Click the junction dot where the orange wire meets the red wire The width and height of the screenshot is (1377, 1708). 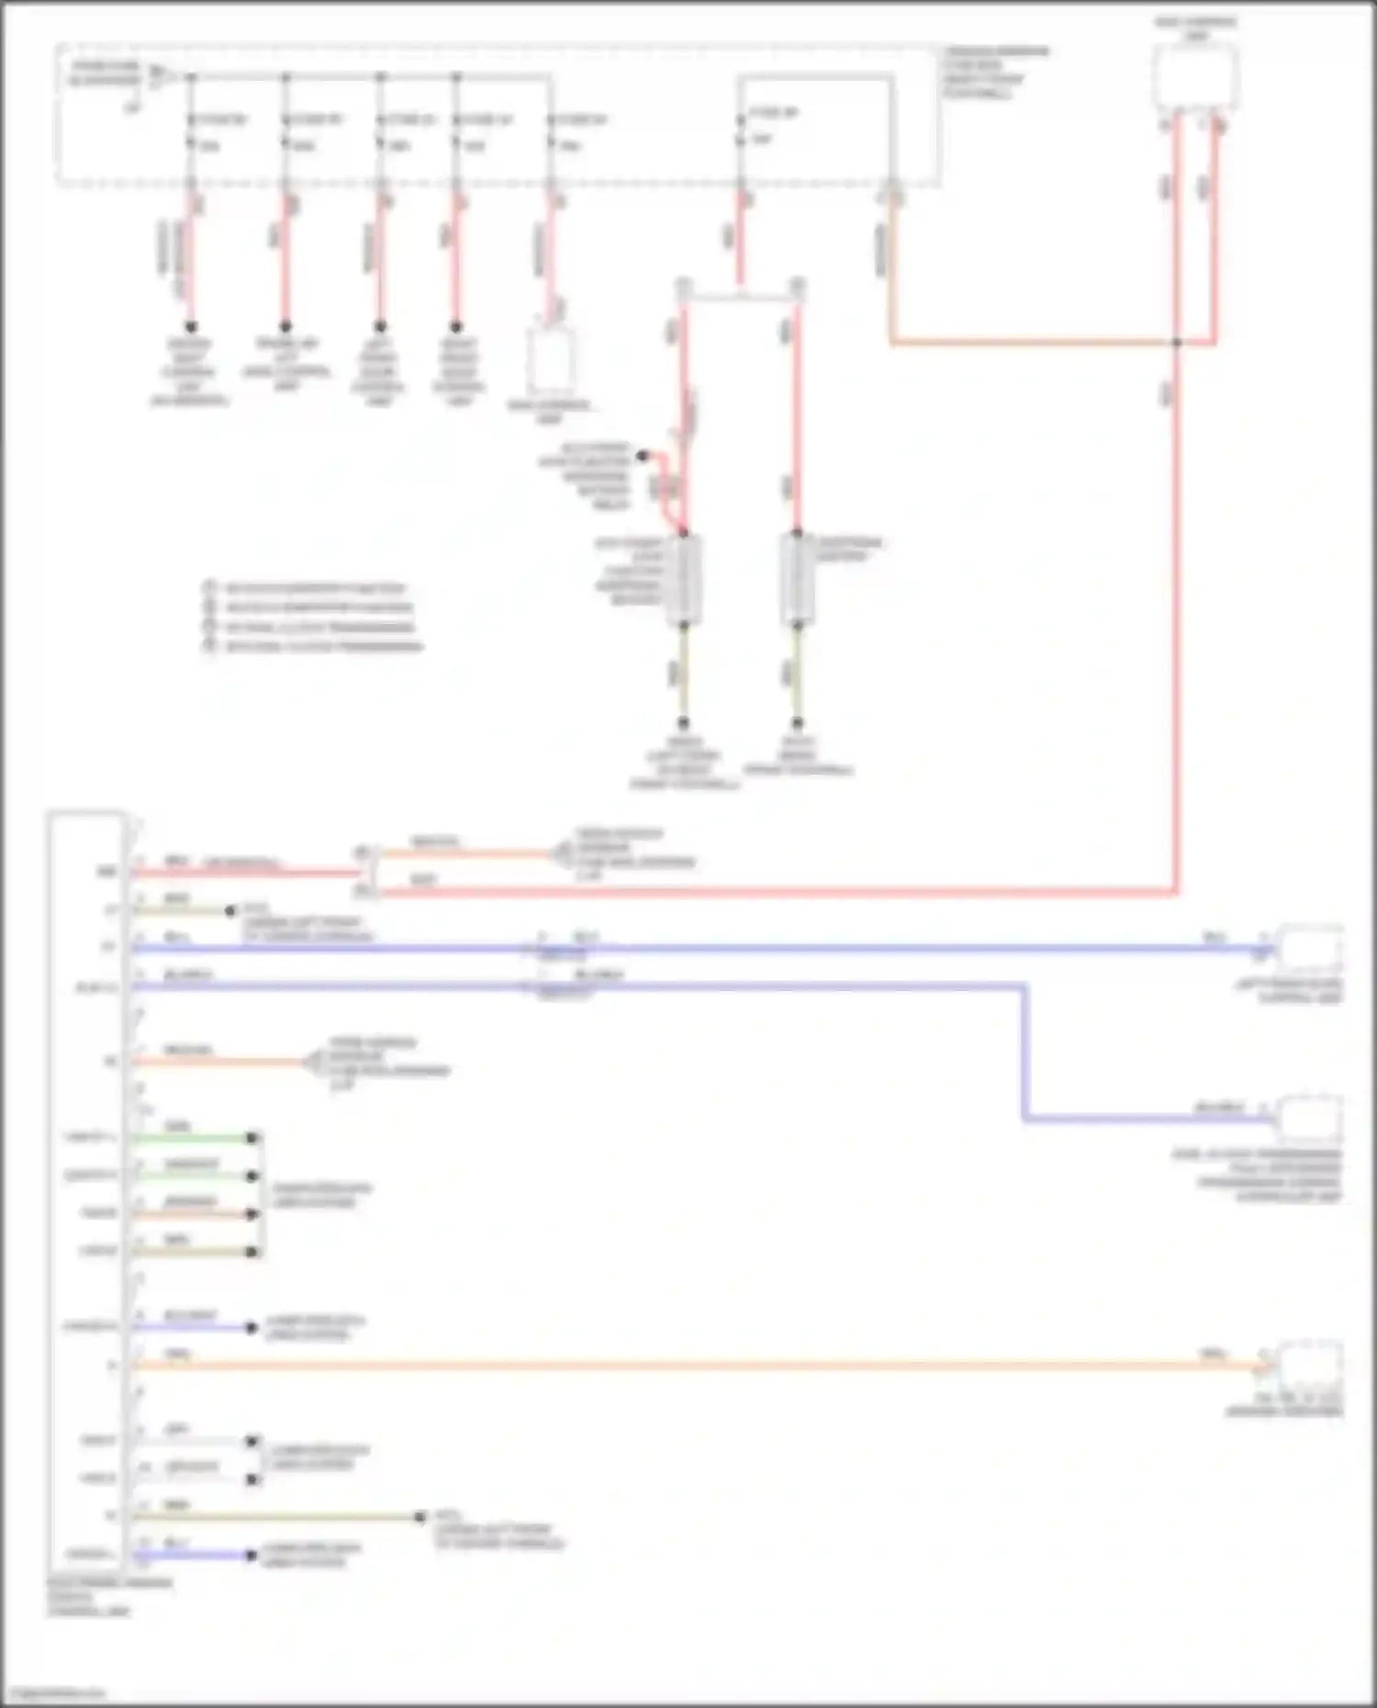click(1177, 343)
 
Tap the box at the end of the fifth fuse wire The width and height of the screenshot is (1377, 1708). click(551, 360)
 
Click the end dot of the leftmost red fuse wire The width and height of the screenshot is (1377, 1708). click(191, 327)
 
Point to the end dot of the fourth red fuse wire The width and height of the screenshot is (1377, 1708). click(456, 327)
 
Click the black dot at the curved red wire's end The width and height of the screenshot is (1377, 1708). click(643, 455)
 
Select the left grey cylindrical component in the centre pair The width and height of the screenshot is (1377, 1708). click(684, 580)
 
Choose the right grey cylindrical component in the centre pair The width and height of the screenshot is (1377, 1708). click(797, 580)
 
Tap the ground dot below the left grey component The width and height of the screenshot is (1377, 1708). click(683, 723)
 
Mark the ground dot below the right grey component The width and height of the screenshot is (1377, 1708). click(797, 723)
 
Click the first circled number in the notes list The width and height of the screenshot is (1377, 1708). click(209, 587)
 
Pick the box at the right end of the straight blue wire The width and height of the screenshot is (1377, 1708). click(1311, 949)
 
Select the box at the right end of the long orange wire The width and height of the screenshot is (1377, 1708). click(1311, 1366)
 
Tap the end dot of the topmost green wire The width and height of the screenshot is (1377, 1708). click(252, 1138)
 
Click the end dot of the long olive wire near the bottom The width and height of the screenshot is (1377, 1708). click(420, 1517)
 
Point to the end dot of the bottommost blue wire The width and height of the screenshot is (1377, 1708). click(251, 1555)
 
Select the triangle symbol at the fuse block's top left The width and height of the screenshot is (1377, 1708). click(157, 72)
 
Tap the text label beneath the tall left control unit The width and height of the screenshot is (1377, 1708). click(108, 1597)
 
